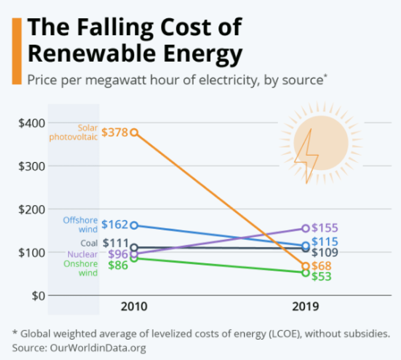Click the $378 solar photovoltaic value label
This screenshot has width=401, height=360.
[x=115, y=132]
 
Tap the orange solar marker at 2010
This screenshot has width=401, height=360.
[x=134, y=132]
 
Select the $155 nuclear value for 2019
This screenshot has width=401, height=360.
[x=325, y=228]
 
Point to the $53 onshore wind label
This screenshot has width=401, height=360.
[x=322, y=276]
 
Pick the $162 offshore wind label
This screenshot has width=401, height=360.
[x=114, y=224]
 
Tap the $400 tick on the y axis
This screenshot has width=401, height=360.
[x=31, y=123]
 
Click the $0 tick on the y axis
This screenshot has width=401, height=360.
[x=37, y=295]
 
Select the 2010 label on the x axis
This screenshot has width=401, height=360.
[x=134, y=306]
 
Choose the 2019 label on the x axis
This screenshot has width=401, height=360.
[x=305, y=306]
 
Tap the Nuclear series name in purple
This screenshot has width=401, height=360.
[x=82, y=254]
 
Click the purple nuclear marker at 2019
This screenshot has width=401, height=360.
[x=305, y=228]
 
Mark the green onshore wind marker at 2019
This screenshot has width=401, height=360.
[x=305, y=273]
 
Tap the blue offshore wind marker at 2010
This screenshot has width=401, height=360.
[x=134, y=225]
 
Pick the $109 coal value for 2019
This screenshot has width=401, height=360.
[x=325, y=252]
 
